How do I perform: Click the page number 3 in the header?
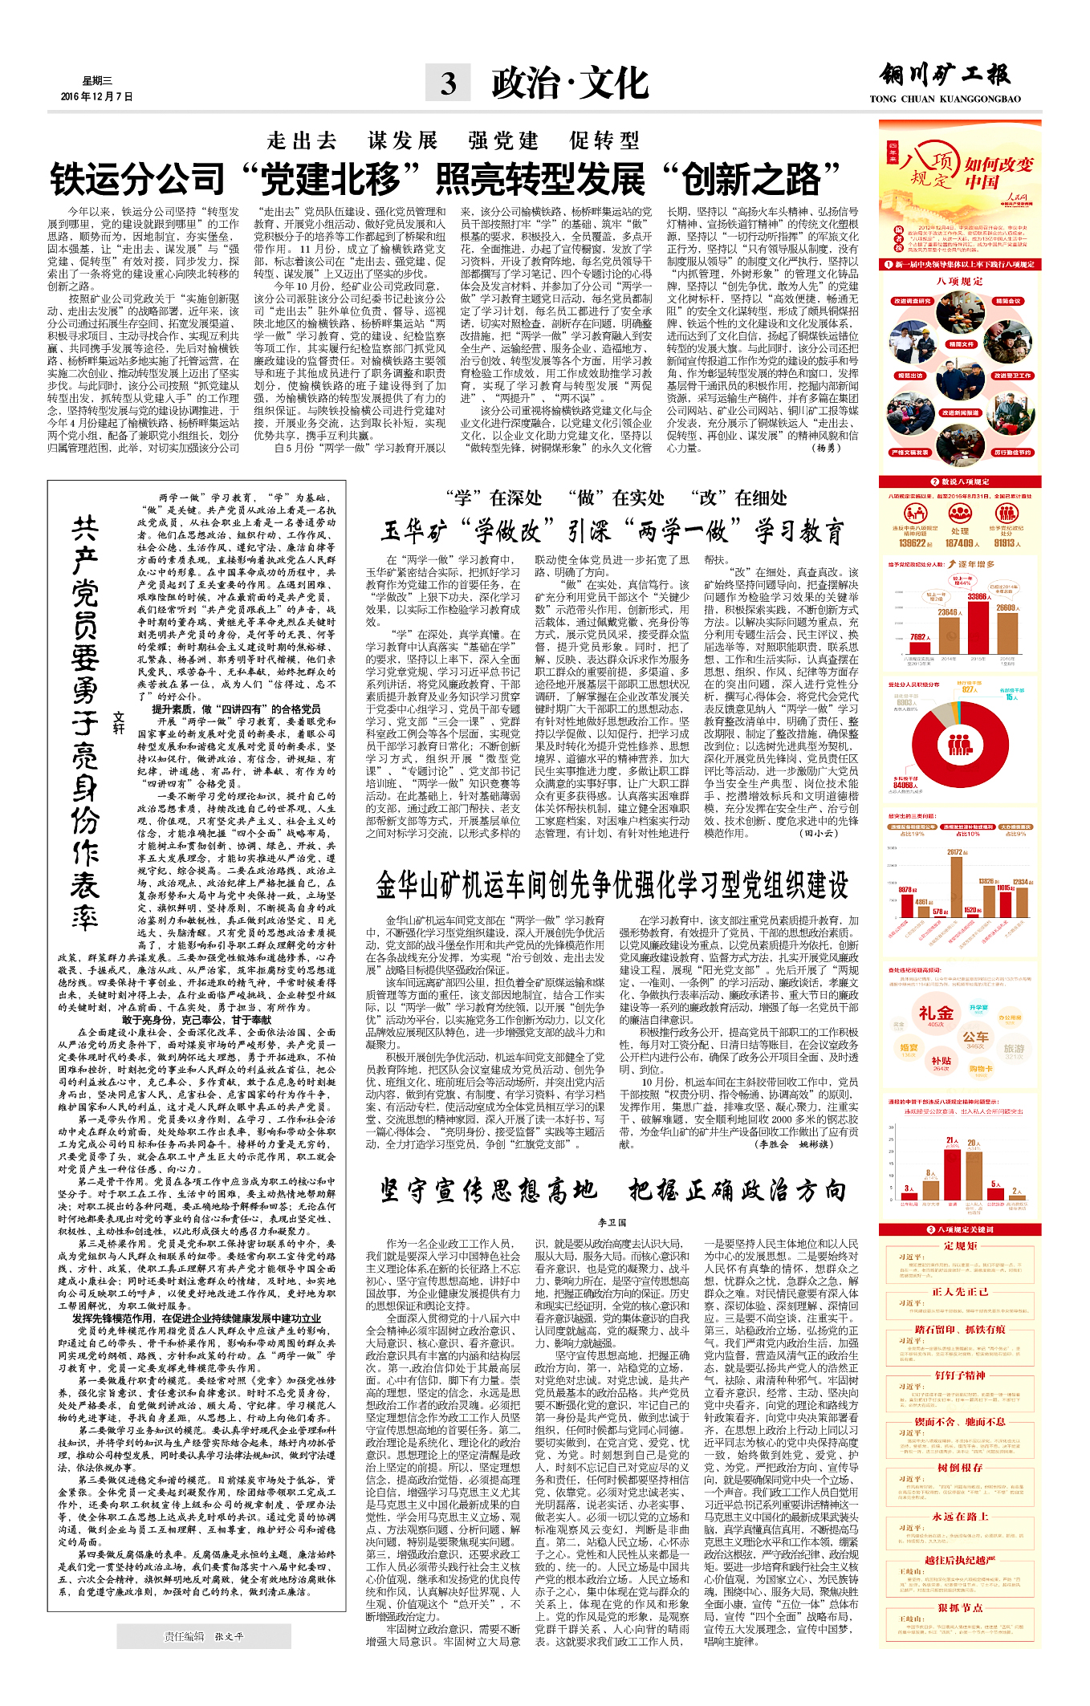pyautogui.click(x=448, y=83)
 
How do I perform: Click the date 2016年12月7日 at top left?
pyautogui.click(x=96, y=96)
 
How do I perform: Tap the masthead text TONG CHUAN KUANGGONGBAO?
pyautogui.click(x=945, y=100)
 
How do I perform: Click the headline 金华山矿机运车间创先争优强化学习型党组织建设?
pyautogui.click(x=612, y=885)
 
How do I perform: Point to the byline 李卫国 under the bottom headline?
pyautogui.click(x=612, y=1222)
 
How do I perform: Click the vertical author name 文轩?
pyautogui.click(x=119, y=722)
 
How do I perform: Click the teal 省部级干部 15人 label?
pyautogui.click(x=1011, y=694)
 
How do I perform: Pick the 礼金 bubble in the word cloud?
pyautogui.click(x=936, y=1014)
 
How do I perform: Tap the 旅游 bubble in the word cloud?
pyautogui.click(x=1014, y=1050)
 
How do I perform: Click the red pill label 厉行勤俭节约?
pyautogui.click(x=1012, y=453)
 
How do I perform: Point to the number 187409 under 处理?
pyautogui.click(x=960, y=543)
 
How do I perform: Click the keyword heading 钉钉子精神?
pyautogui.click(x=960, y=1375)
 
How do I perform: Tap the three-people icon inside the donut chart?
pyautogui.click(x=960, y=745)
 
